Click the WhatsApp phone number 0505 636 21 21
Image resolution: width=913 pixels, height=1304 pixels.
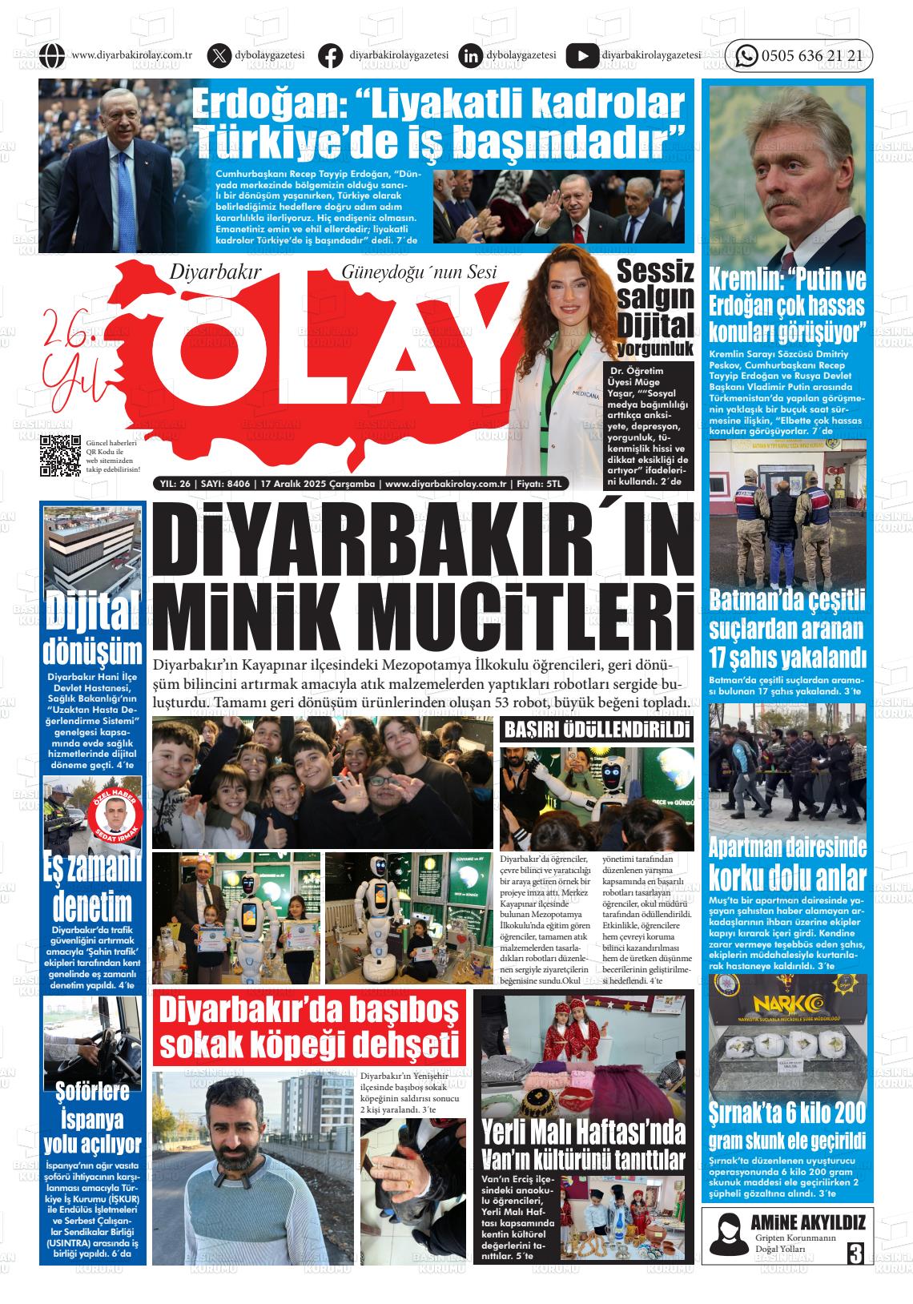click(811, 56)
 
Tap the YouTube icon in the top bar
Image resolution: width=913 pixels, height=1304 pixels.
click(581, 56)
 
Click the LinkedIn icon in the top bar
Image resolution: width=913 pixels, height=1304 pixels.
click(471, 56)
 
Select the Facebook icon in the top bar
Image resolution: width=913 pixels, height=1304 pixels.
click(329, 56)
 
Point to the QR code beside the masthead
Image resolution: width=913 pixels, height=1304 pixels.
click(60, 455)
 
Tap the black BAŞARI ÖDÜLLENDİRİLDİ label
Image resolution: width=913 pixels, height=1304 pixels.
click(597, 730)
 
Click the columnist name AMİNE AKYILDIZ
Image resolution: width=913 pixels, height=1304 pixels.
click(808, 1222)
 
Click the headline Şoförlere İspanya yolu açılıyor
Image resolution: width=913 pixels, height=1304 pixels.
click(93, 1117)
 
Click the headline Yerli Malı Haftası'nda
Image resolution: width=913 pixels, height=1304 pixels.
click(583, 1132)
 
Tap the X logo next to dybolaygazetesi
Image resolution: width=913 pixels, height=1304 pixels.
click(218, 56)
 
